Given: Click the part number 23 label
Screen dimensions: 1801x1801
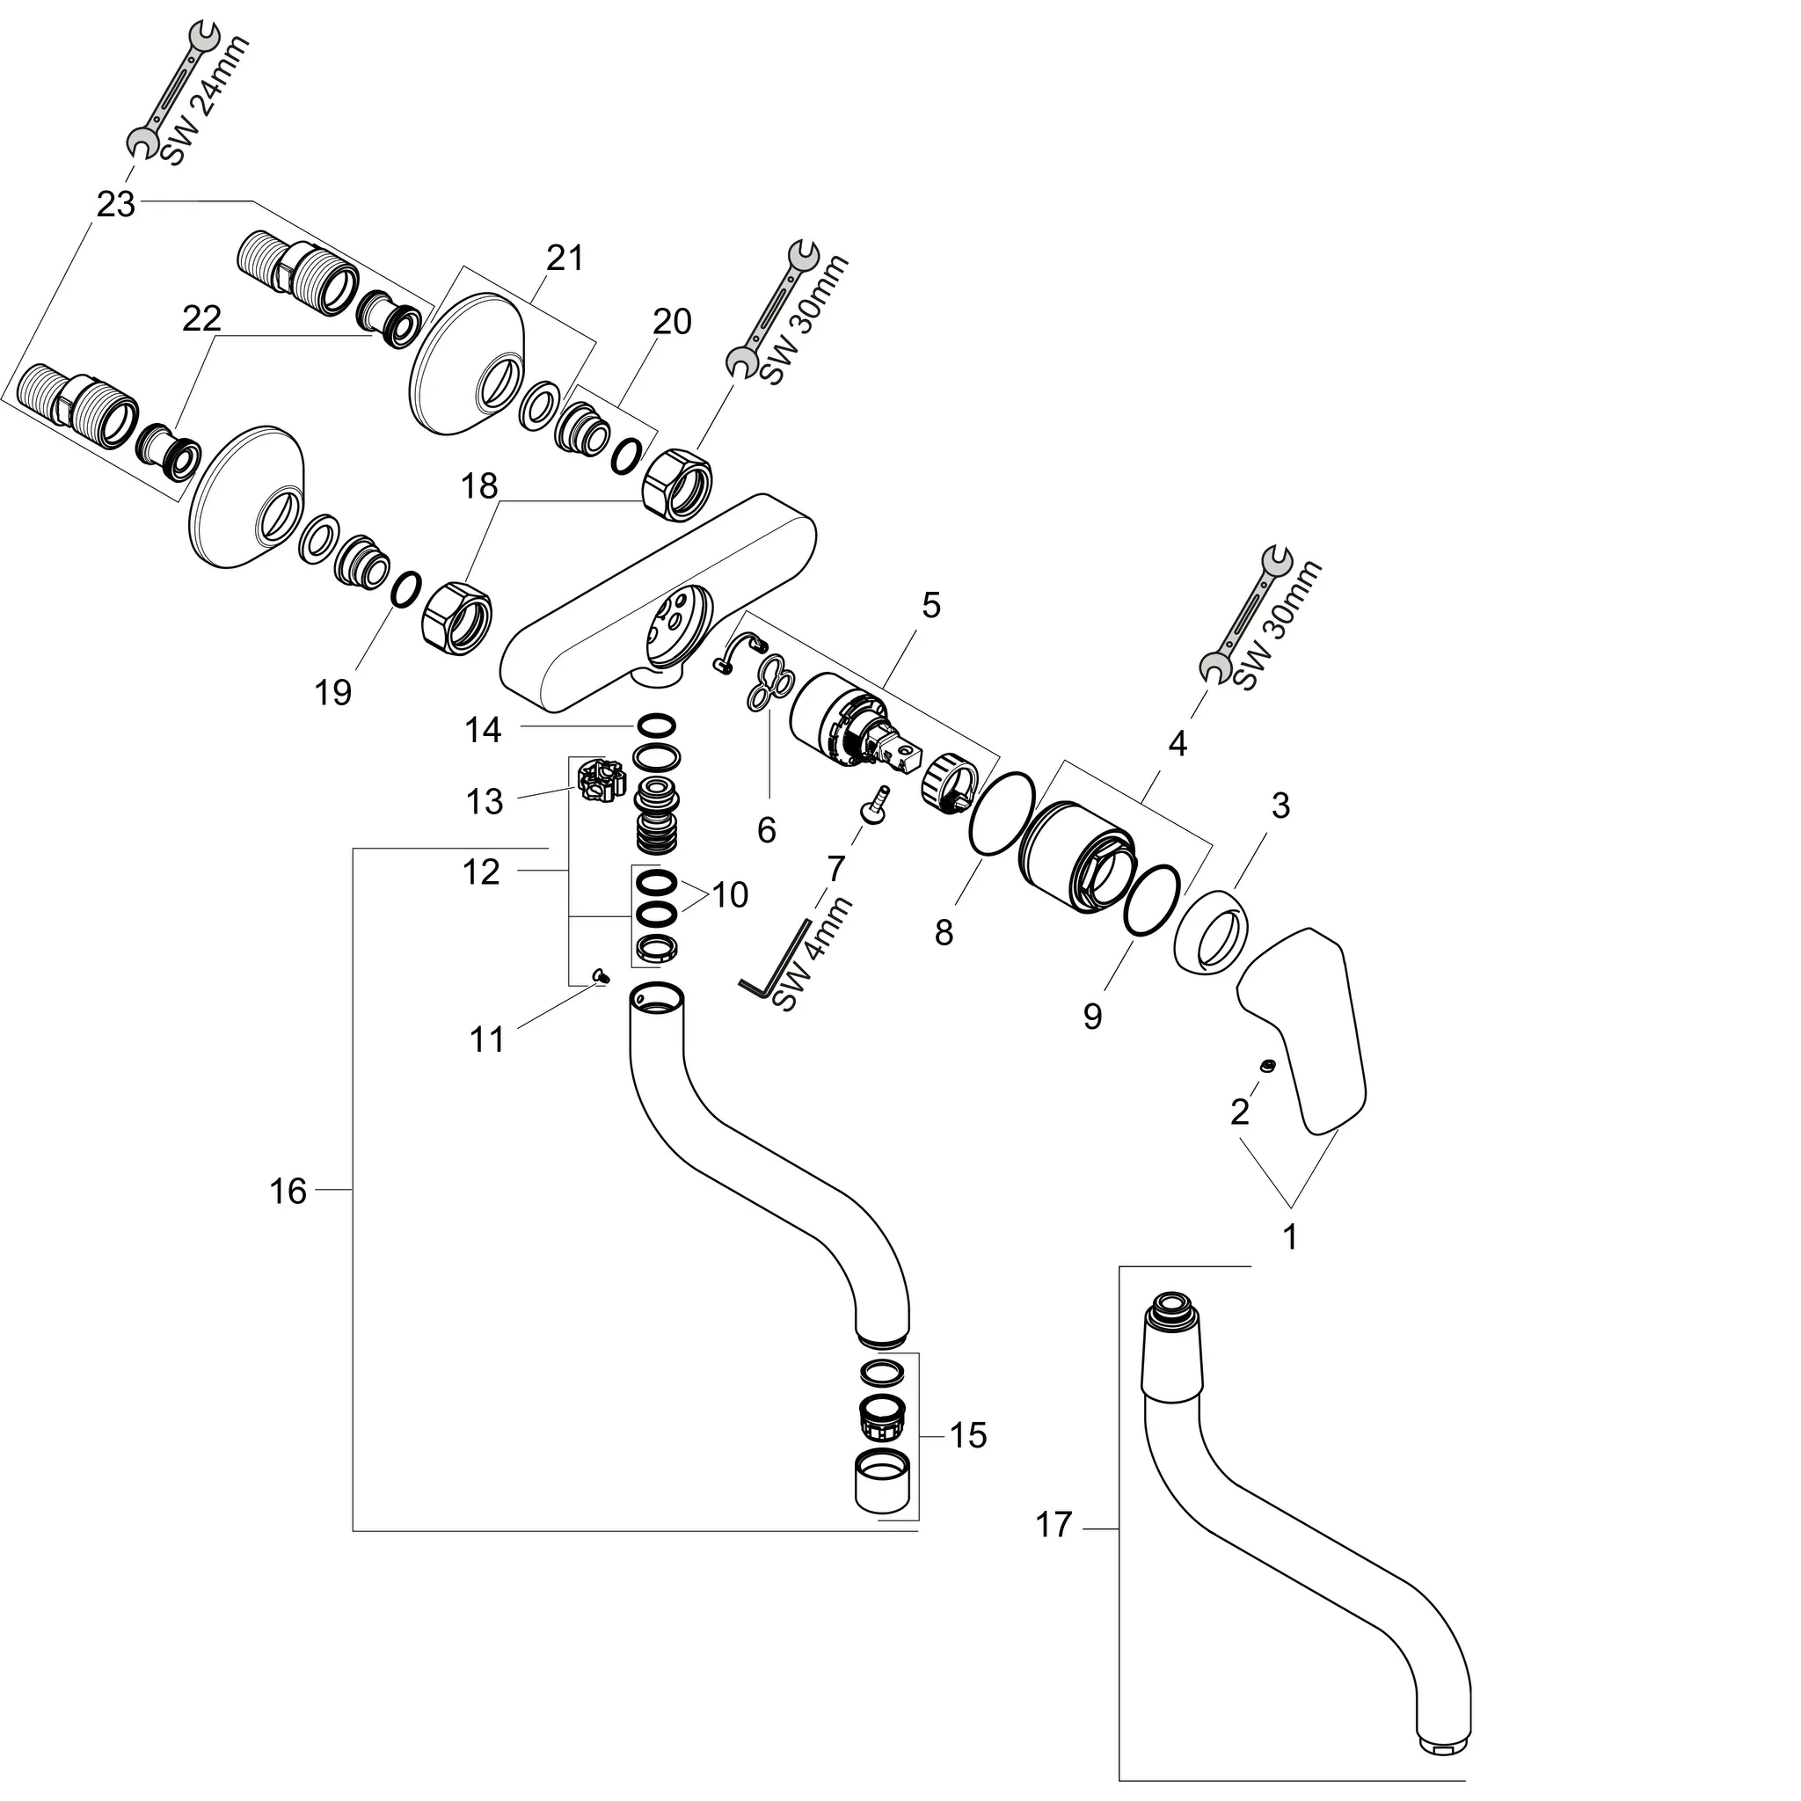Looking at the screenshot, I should click(115, 204).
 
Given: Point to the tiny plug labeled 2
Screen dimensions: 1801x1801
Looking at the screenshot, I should click(1267, 1065).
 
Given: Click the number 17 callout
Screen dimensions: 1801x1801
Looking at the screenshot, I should click(1054, 1525).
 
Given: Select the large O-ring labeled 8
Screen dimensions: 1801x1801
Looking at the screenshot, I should click(1001, 812).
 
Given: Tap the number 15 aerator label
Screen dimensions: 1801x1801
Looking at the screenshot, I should click(967, 1435).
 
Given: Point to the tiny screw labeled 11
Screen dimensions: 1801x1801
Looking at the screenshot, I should click(602, 976).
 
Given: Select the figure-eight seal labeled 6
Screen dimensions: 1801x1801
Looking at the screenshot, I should click(768, 685).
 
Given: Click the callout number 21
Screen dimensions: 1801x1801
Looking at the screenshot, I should click(564, 259).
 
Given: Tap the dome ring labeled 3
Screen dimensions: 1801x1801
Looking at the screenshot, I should click(1210, 932).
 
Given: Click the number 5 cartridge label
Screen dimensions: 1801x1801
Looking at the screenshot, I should click(930, 605).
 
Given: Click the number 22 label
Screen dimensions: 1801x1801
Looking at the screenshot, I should click(201, 319).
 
